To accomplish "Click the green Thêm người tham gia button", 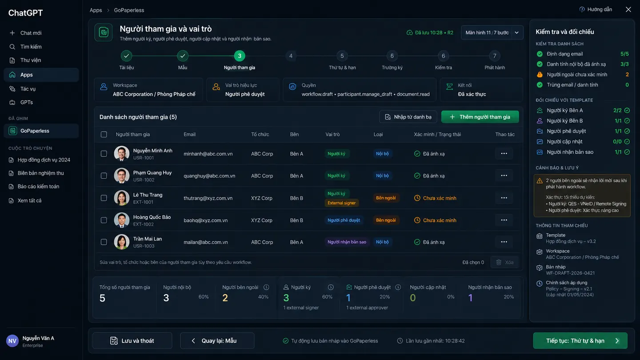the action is [480, 117].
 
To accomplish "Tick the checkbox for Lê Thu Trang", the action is [104, 198].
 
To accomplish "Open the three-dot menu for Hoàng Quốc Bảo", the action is [504, 220].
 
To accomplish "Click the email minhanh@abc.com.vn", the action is [208, 154].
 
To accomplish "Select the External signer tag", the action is [341, 203].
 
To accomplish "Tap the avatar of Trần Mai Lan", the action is [121, 242].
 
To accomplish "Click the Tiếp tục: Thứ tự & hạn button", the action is [580, 340].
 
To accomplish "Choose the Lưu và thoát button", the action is [132, 340].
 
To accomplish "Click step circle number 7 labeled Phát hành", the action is [495, 56].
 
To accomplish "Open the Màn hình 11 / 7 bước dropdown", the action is [492, 32].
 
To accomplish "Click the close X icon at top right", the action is [628, 9].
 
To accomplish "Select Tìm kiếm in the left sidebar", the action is [31, 47].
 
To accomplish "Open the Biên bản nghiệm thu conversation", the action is [40, 173].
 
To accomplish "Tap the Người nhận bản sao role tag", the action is [347, 242].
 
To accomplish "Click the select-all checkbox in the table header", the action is [104, 134].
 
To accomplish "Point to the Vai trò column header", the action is [332, 134].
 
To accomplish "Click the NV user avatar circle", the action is [12, 341].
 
